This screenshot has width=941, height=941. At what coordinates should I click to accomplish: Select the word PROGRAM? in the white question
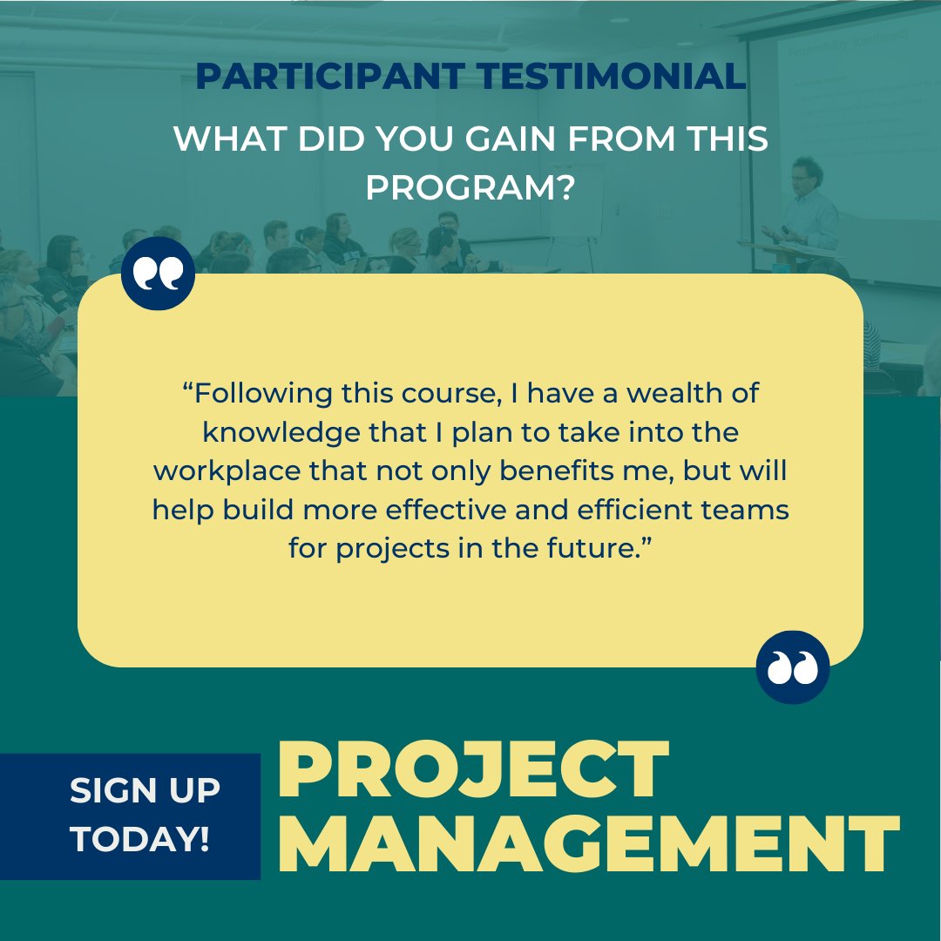(x=470, y=186)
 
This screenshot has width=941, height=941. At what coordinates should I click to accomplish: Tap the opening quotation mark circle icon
(x=158, y=273)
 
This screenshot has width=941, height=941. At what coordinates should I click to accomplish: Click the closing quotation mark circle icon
(x=792, y=667)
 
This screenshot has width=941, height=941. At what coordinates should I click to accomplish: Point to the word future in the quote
(x=596, y=549)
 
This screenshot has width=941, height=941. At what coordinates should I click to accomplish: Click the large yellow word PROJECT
(x=474, y=770)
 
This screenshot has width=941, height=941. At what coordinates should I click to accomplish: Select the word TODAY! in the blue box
(x=139, y=839)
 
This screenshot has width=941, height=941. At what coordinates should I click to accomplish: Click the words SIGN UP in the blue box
(x=145, y=791)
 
